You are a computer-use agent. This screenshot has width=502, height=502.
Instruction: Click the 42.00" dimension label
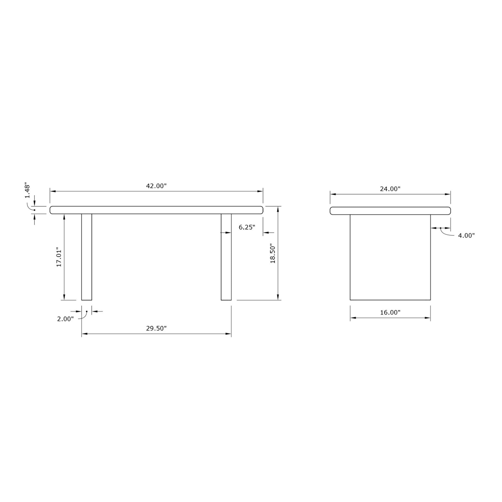156,186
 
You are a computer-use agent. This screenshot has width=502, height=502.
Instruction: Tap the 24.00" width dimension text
390,189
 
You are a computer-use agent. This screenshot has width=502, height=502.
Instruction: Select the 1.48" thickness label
28,191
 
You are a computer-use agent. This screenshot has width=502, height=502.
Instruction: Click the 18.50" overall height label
273,253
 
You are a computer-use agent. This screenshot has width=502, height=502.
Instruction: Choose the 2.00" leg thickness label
66,319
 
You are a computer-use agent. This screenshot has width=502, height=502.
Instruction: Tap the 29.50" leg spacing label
156,328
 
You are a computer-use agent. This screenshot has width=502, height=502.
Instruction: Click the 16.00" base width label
390,312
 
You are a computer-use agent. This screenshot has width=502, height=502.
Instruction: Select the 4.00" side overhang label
466,236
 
